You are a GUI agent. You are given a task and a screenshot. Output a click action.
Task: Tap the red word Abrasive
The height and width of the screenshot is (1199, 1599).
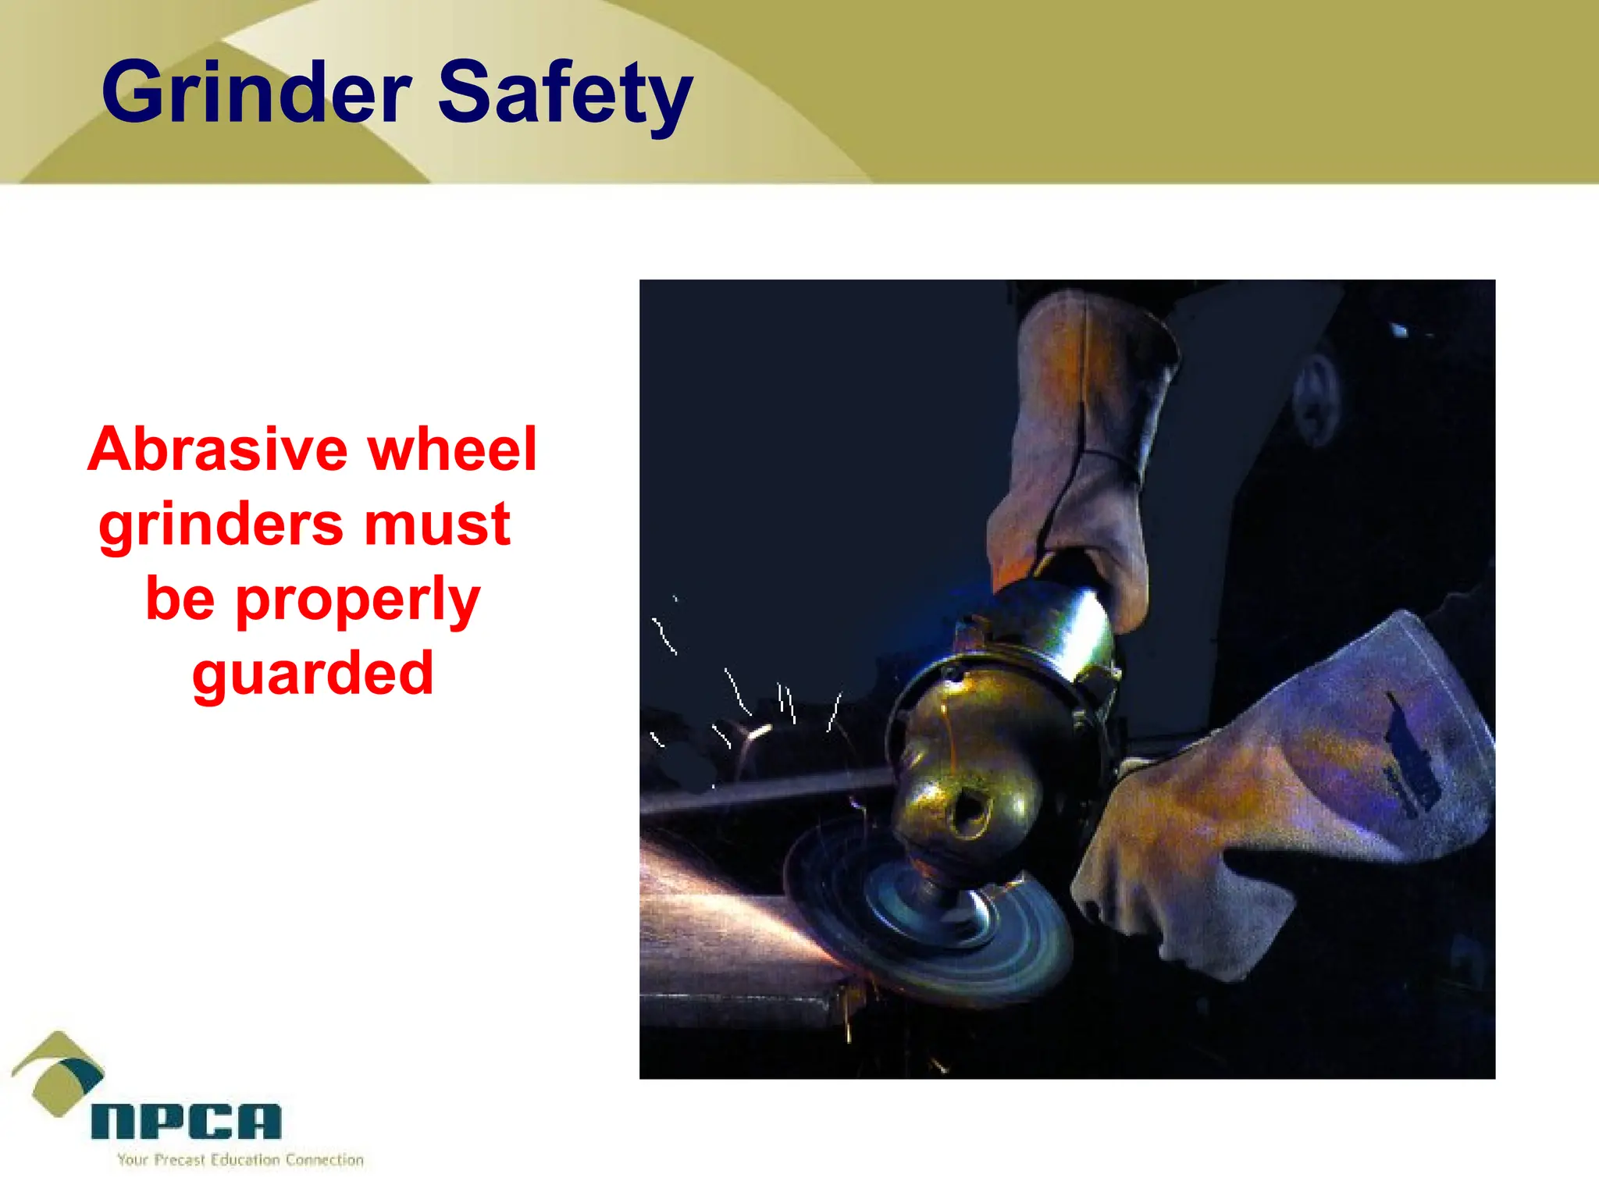tap(218, 450)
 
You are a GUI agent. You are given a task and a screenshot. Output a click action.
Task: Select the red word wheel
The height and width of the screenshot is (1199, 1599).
tap(452, 450)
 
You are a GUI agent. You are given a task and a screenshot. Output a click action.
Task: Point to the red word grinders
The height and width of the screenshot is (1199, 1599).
tap(221, 525)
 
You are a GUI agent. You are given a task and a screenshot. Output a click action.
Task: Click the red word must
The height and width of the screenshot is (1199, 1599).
tap(437, 525)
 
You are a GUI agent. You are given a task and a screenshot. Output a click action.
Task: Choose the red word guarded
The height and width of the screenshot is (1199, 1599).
tap(312, 674)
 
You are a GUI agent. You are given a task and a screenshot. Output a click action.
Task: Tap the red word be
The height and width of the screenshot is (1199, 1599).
tap(180, 599)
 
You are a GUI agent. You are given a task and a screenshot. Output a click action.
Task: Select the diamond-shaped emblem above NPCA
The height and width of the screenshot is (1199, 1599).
tap(58, 1073)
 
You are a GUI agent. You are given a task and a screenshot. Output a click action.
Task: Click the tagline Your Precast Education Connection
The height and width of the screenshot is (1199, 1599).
tap(240, 1160)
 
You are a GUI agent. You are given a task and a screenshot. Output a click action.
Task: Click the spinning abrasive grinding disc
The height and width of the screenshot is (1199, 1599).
tap(929, 921)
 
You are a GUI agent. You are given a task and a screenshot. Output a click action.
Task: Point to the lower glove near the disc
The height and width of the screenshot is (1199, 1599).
tap(1280, 804)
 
